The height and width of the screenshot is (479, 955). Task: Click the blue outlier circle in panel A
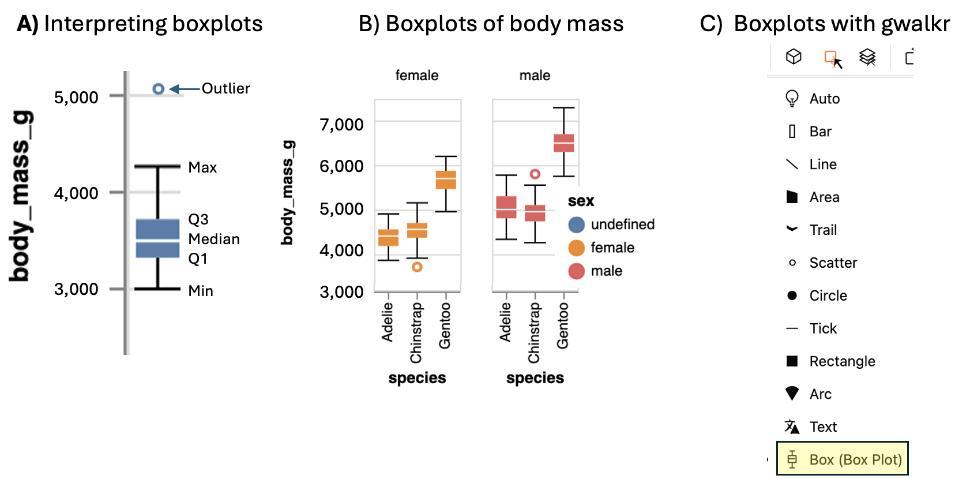(159, 89)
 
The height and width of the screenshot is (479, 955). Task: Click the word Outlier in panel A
(225, 89)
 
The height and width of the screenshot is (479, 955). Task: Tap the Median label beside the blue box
(214, 239)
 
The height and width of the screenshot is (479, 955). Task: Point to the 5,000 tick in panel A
(76, 97)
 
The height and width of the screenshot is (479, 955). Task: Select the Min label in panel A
(201, 291)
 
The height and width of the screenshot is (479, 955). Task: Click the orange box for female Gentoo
(446, 180)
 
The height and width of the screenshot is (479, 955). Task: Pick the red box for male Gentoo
(563, 143)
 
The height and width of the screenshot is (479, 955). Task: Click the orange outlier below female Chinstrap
(417, 267)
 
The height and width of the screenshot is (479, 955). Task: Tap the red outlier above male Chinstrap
(535, 174)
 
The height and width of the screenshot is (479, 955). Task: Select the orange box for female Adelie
(388, 238)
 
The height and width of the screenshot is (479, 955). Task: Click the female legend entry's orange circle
(576, 248)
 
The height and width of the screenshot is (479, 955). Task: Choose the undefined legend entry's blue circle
(576, 224)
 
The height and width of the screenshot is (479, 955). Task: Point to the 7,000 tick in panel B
(341, 125)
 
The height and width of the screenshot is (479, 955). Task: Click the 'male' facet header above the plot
(535, 76)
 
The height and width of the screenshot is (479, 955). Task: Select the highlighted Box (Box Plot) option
(843, 459)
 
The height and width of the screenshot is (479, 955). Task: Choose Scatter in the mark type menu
(833, 263)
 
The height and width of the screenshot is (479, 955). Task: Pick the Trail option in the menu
(822, 230)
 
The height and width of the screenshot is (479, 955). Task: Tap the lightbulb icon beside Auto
(792, 99)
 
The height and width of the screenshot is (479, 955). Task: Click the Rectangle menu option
(841, 361)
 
